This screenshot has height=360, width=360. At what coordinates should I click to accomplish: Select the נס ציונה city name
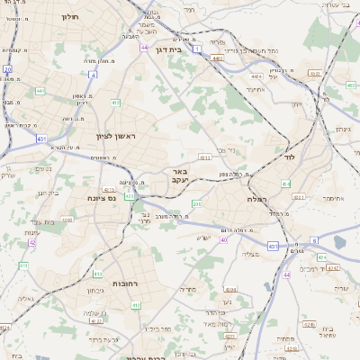coord(101,198)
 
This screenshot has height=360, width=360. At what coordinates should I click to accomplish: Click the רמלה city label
coord(262,199)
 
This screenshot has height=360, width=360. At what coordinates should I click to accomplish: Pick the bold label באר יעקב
coord(178,175)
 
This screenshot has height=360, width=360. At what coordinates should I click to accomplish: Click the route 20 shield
coord(7,68)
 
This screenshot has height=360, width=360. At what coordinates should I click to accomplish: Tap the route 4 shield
coord(94,75)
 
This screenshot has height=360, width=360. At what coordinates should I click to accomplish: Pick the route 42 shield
coord(32,241)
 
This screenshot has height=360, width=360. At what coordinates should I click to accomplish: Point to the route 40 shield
coord(223,239)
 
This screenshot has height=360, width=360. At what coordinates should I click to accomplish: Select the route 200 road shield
coord(197,205)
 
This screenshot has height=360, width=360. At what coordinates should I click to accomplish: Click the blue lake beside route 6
coord(339,241)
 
